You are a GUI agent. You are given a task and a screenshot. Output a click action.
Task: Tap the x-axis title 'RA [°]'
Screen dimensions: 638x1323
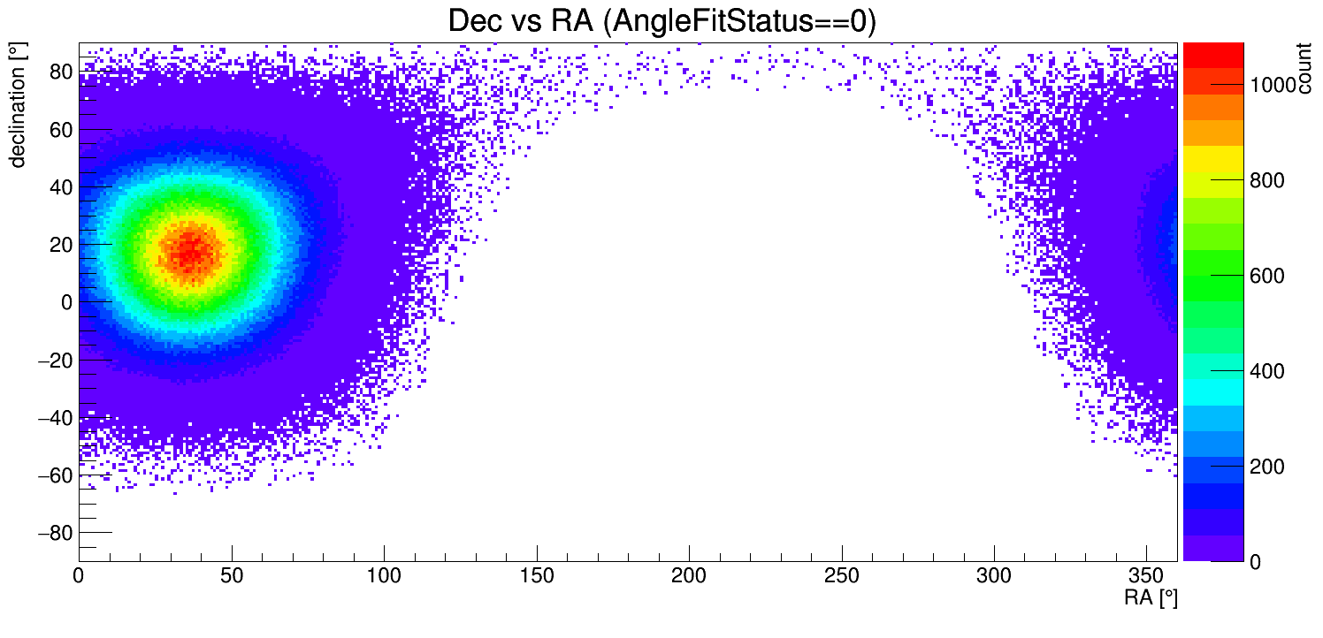point(1151,598)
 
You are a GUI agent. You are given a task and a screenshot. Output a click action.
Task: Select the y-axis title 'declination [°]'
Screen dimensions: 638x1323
point(17,109)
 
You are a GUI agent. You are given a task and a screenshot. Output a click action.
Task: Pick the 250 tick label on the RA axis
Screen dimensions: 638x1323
point(841,576)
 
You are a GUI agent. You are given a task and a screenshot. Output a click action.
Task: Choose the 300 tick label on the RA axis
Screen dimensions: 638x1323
point(994,576)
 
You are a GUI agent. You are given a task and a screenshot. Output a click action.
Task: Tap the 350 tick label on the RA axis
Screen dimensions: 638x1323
point(1146,576)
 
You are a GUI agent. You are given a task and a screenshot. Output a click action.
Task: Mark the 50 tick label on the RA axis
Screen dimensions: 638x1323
point(231,576)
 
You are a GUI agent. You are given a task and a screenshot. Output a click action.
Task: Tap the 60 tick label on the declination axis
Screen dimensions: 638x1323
point(59,130)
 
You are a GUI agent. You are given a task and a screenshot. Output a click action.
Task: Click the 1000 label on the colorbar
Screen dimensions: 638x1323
point(1272,85)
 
